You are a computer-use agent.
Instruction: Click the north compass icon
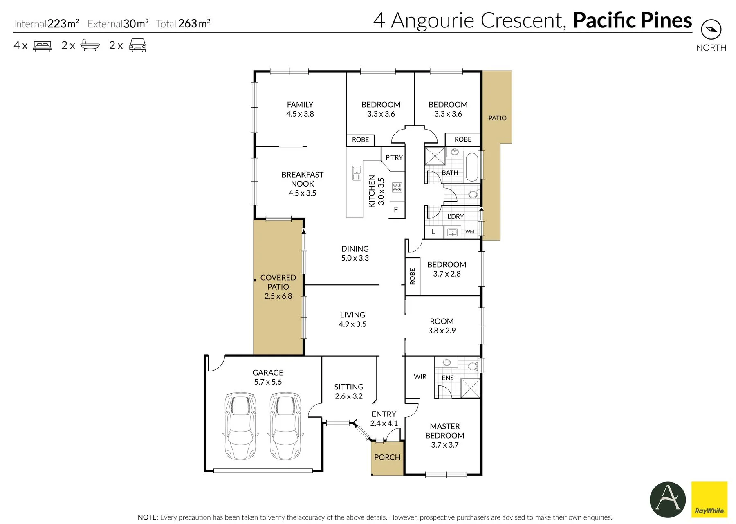pos(711,29)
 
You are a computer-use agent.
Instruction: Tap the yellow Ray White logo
pos(709,499)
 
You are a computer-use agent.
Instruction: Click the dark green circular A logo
pos(668,499)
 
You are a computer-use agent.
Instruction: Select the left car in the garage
pos(240,426)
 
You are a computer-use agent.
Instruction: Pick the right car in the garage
pos(285,426)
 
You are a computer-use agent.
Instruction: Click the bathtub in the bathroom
pos(472,167)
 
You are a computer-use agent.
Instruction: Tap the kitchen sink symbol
pos(357,173)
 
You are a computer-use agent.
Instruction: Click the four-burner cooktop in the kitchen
pos(397,187)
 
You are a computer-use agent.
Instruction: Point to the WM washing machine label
pos(470,232)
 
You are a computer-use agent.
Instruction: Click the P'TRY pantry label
pos(394,157)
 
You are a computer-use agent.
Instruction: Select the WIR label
pos(420,376)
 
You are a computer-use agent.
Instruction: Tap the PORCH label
pos(387,457)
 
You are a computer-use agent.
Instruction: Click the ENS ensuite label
pos(448,378)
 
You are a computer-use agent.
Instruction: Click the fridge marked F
pos(396,210)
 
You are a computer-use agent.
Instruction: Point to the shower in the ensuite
pos(471,388)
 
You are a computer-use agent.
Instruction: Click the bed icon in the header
pos(43,45)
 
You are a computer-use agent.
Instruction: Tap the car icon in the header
pos(138,45)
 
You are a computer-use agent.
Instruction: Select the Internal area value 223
pos(57,24)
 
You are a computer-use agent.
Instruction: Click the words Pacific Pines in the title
pos(633,20)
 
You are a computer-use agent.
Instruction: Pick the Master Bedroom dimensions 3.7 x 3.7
pos(445,445)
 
